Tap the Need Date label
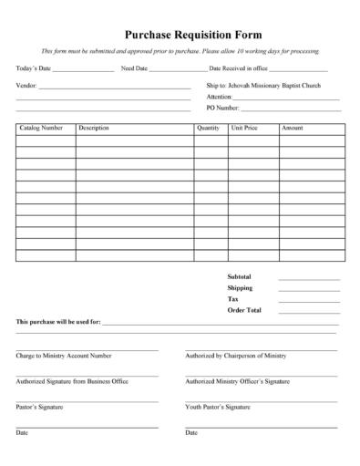134,68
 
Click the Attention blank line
286,98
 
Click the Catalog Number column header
41,129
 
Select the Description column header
94,129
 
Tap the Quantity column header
208,129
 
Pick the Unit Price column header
245,129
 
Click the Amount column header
293,129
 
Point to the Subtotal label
239,276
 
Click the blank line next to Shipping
308,289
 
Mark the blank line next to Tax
308,300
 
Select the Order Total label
243,310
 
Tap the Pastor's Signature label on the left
39,407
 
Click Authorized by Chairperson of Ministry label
236,356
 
